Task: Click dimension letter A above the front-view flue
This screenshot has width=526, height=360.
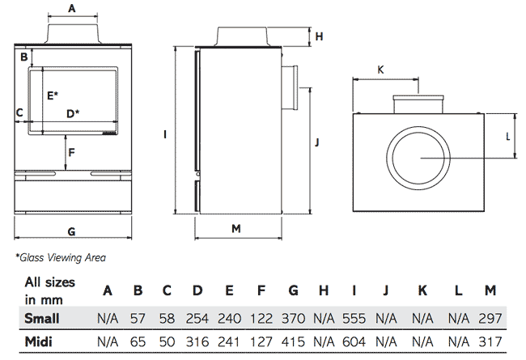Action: [x=72, y=9]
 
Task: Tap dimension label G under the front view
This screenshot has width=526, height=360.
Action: [x=71, y=232]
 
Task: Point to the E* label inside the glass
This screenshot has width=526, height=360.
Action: [x=53, y=95]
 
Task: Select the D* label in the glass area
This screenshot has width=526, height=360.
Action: [x=73, y=113]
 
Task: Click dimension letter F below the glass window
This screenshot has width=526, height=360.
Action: [x=71, y=152]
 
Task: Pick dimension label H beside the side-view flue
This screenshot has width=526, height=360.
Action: [x=320, y=36]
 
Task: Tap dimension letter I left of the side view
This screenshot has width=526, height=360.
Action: [x=164, y=134]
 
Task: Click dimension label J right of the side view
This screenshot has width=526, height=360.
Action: [x=318, y=143]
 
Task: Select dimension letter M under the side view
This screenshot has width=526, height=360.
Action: [x=236, y=230]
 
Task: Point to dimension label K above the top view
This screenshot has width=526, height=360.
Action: [x=380, y=70]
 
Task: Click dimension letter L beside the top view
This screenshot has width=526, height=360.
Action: [x=508, y=136]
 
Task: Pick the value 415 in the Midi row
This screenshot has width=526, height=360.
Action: [x=293, y=342]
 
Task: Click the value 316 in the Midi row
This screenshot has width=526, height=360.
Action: [x=197, y=342]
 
